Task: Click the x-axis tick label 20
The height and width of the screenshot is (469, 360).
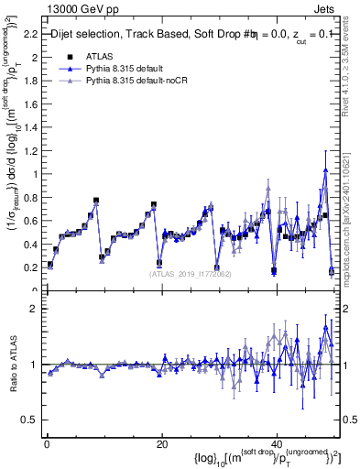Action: click(161, 445)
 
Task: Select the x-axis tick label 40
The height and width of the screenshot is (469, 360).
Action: click(276, 445)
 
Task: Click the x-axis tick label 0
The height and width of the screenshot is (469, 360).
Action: click(46, 445)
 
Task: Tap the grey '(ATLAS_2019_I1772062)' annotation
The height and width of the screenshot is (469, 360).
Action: click(191, 273)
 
